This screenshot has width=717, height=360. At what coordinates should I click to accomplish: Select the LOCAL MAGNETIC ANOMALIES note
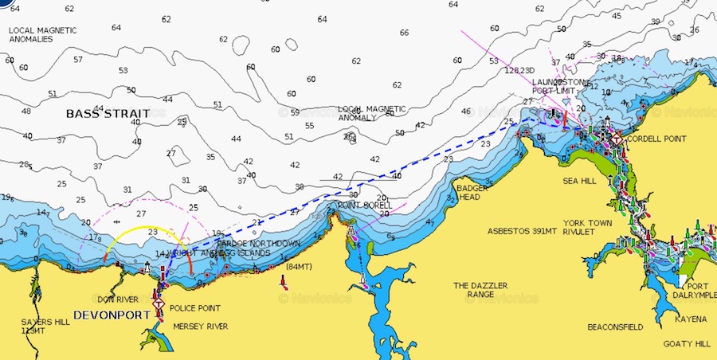(x=42, y=34)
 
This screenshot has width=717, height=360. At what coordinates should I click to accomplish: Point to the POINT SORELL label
(x=365, y=205)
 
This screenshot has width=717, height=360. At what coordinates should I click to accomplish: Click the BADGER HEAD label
(x=468, y=193)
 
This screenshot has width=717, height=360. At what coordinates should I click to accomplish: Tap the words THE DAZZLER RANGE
(x=481, y=290)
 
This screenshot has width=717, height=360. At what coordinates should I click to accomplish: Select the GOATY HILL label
(x=686, y=344)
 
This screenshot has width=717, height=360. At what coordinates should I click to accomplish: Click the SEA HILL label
(x=579, y=182)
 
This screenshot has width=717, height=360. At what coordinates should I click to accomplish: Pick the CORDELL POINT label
(x=656, y=139)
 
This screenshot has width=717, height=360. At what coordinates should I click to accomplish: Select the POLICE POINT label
(x=195, y=308)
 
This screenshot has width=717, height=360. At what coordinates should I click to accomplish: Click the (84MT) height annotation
(x=299, y=266)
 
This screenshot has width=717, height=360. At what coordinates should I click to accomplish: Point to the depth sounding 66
(x=404, y=33)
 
